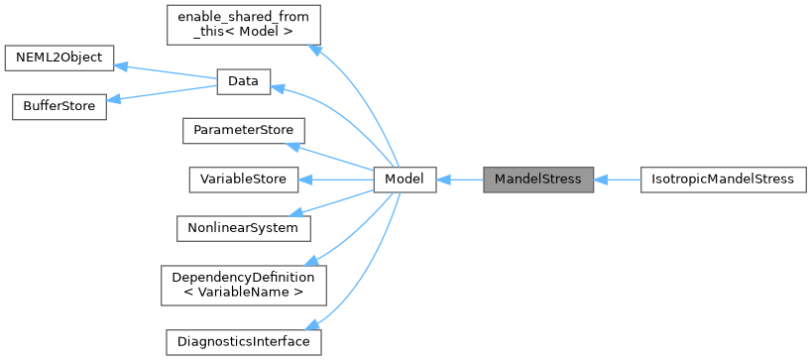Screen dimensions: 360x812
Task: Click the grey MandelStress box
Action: tap(537, 180)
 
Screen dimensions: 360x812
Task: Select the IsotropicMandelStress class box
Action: tap(724, 180)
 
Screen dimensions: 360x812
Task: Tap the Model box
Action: tap(405, 180)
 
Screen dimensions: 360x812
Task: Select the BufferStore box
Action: tap(58, 107)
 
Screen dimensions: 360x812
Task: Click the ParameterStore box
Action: tap(244, 131)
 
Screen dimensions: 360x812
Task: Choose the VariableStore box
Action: tap(244, 180)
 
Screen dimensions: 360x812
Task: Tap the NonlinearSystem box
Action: tap(244, 227)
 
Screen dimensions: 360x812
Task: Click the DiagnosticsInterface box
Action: tap(244, 341)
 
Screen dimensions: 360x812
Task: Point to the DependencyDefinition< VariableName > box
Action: tap(244, 285)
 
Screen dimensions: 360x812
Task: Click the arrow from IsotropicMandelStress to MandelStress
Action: tap(617, 180)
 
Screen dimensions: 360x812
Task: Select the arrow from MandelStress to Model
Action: tap(459, 180)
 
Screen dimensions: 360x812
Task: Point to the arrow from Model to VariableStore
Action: tap(337, 180)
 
